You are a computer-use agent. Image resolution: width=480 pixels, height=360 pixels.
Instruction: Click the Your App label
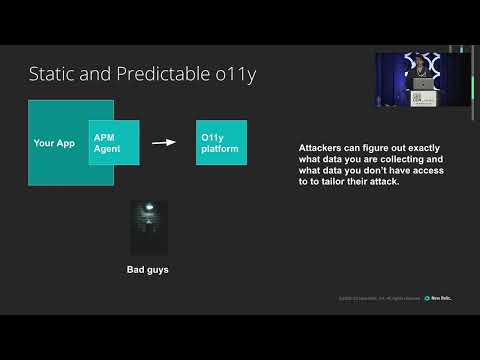(54, 143)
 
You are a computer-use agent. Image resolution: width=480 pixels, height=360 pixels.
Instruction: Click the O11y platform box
(221, 143)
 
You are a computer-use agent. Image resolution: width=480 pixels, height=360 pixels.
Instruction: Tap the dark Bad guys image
(149, 227)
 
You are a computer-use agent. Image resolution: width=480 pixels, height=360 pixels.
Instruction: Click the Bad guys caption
(148, 269)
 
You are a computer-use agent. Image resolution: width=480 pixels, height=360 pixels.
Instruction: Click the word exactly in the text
(421, 148)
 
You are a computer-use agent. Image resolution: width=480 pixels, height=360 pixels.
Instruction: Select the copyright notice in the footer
(379, 298)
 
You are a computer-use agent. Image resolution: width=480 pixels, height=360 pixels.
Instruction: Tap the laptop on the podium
(425, 83)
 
